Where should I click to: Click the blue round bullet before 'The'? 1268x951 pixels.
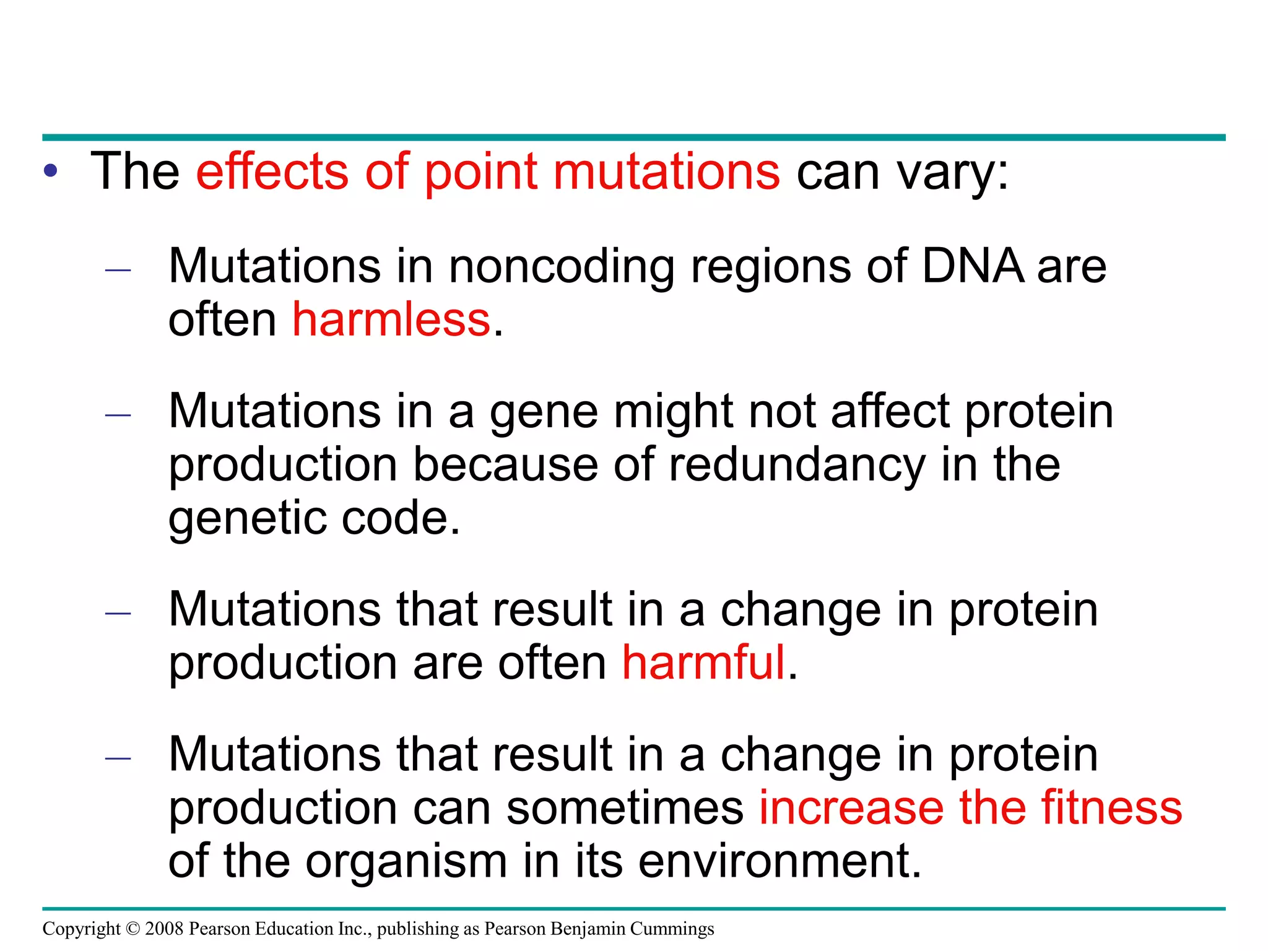pos(51,172)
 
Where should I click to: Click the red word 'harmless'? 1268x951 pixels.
pos(391,320)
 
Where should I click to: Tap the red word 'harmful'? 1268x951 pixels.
pos(703,663)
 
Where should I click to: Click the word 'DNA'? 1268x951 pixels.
pos(972,267)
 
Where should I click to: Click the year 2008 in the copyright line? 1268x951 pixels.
pos(165,929)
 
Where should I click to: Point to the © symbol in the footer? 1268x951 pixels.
pos(133,929)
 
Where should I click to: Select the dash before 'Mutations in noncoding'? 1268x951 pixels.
pos(118,270)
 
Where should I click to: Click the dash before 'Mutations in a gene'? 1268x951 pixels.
pos(118,415)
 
